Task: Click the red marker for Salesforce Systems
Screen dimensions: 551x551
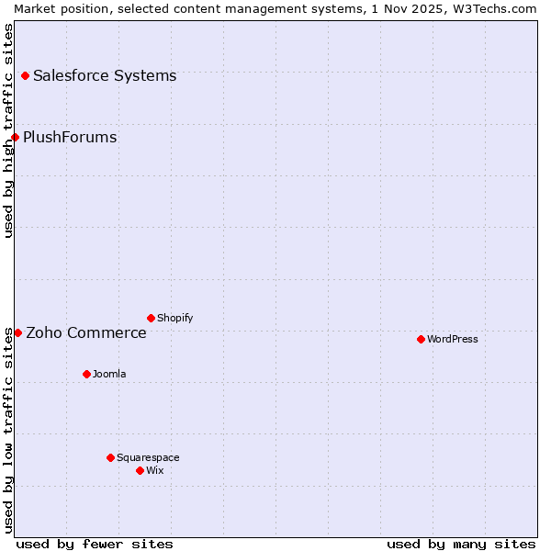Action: [25, 75]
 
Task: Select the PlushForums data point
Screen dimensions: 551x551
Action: [15, 138]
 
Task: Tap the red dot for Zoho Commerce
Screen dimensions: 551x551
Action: [17, 332]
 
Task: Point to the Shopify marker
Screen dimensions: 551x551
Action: [151, 318]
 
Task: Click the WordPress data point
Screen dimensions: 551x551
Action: [421, 339]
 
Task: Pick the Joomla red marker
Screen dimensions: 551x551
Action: [86, 374]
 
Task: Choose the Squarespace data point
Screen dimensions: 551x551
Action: [110, 457]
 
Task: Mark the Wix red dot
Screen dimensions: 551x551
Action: [140, 470]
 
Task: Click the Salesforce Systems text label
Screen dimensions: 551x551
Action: [105, 75]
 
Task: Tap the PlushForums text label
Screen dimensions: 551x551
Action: [70, 138]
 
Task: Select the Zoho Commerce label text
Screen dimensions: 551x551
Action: [86, 332]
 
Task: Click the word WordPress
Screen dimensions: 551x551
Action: [453, 339]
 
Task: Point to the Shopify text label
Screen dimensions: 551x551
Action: [175, 318]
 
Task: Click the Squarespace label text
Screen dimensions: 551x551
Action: [148, 457]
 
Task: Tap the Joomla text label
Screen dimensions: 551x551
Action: [109, 374]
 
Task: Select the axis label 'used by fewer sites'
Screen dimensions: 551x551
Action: [95, 544]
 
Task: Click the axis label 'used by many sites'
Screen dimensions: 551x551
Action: [461, 544]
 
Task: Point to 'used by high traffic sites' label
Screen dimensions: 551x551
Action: [8, 130]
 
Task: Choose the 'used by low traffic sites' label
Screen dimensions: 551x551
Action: [8, 430]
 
